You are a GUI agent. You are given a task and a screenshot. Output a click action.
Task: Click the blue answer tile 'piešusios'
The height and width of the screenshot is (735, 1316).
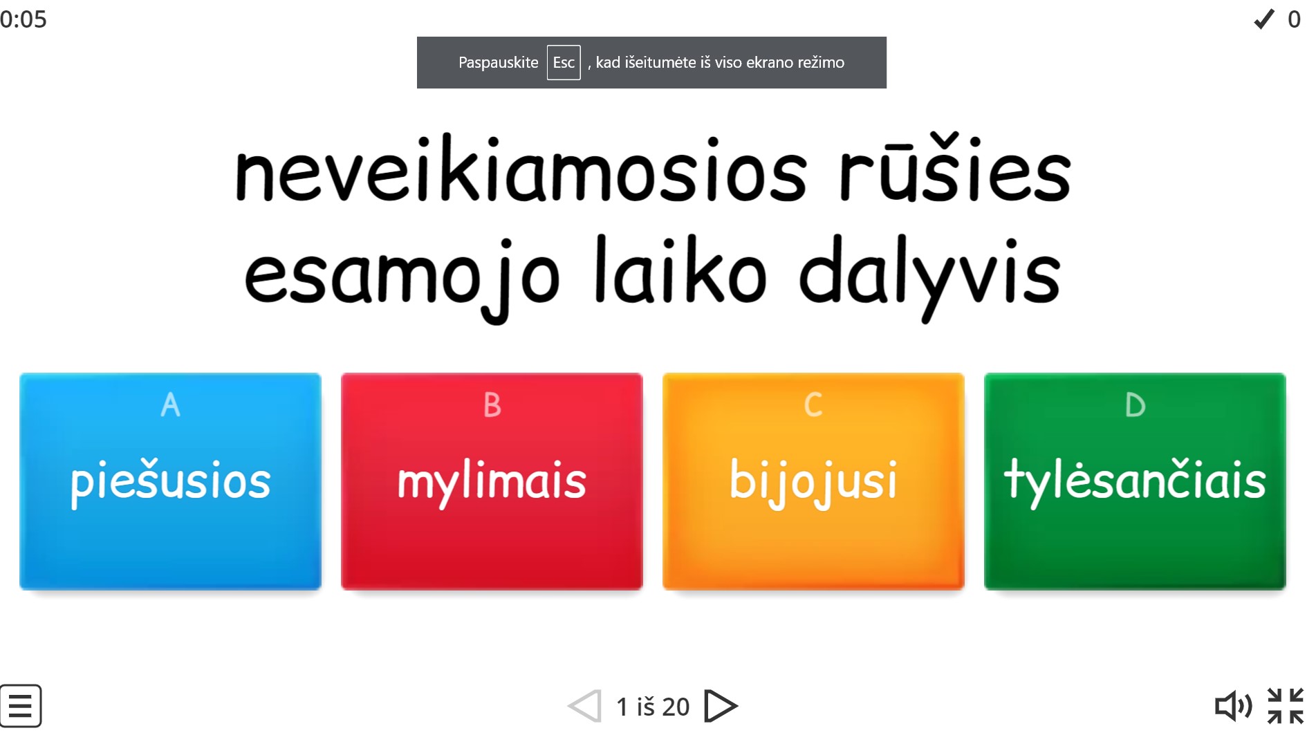pos(170,481)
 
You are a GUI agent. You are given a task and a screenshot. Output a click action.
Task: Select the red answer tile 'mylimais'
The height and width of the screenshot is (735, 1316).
pos(492,481)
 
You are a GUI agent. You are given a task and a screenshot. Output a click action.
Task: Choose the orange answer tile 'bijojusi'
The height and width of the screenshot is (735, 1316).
pos(813,481)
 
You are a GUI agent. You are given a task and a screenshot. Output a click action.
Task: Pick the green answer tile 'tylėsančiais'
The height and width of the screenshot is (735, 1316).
pos(1135,481)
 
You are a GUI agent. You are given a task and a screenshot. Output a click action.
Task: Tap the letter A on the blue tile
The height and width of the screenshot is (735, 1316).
pos(170,405)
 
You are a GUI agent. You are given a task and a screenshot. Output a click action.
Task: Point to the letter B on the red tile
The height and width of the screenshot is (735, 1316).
pos(492,405)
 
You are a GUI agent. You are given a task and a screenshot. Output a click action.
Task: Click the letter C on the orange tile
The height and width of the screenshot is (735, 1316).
pos(813,405)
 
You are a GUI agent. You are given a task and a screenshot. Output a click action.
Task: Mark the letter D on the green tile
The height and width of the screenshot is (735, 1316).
pos(1135,405)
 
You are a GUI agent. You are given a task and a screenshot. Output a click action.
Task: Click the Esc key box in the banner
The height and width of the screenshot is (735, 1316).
pos(564,62)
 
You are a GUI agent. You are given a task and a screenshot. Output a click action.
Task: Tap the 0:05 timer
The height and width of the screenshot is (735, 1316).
pos(24,19)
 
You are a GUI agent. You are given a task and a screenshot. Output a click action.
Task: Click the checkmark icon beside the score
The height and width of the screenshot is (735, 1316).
pos(1264,19)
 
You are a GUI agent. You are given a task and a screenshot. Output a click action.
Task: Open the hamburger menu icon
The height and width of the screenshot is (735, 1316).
pos(21,706)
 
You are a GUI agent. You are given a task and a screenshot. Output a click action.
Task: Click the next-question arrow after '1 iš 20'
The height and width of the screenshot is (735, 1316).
pos(721,706)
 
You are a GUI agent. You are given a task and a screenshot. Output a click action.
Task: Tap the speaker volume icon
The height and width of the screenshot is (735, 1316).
pos(1234,706)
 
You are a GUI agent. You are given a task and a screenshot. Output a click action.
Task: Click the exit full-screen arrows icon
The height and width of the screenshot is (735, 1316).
pos(1286,706)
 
